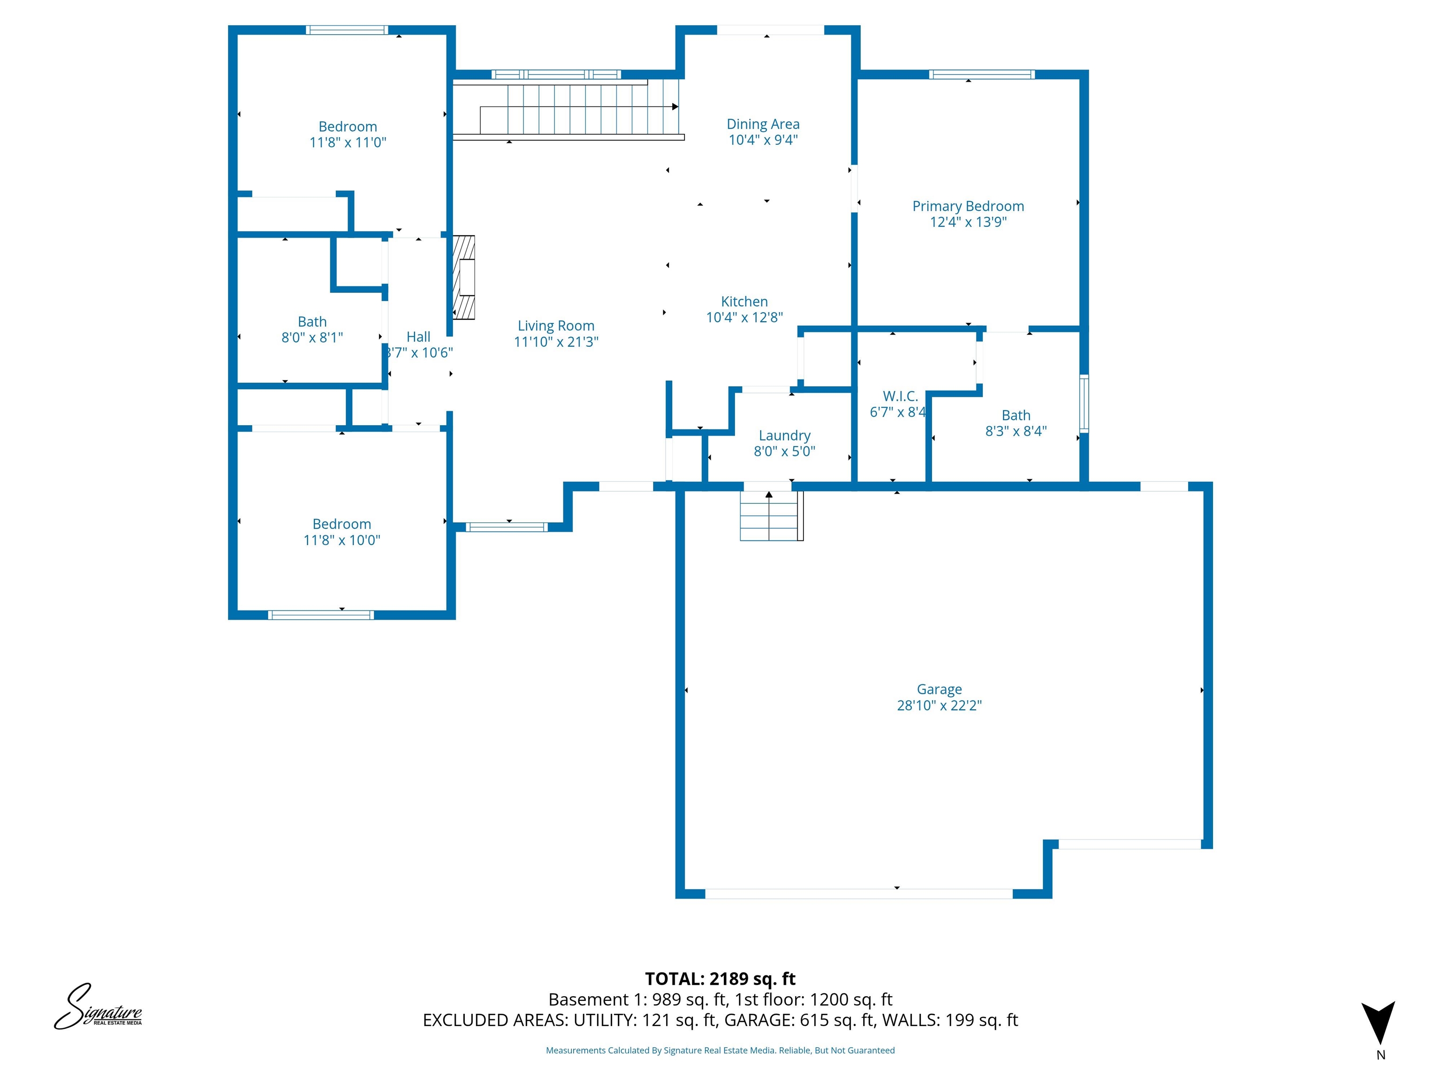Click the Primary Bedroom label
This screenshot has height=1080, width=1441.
(968, 206)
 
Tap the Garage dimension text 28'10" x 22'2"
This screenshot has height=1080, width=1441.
(939, 705)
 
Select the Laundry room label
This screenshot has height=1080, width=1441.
(784, 435)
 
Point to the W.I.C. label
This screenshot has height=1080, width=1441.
(900, 396)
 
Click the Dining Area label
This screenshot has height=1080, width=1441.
(763, 124)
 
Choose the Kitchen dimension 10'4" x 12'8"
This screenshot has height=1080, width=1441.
(744, 318)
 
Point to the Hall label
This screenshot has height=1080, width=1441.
(418, 337)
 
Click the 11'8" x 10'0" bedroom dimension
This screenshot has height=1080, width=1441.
(341, 540)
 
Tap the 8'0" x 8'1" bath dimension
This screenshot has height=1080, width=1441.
(312, 338)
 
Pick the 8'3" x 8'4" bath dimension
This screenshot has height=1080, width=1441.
(1016, 431)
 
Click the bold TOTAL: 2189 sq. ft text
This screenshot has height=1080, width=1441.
(720, 979)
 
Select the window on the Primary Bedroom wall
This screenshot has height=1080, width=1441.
(981, 74)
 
